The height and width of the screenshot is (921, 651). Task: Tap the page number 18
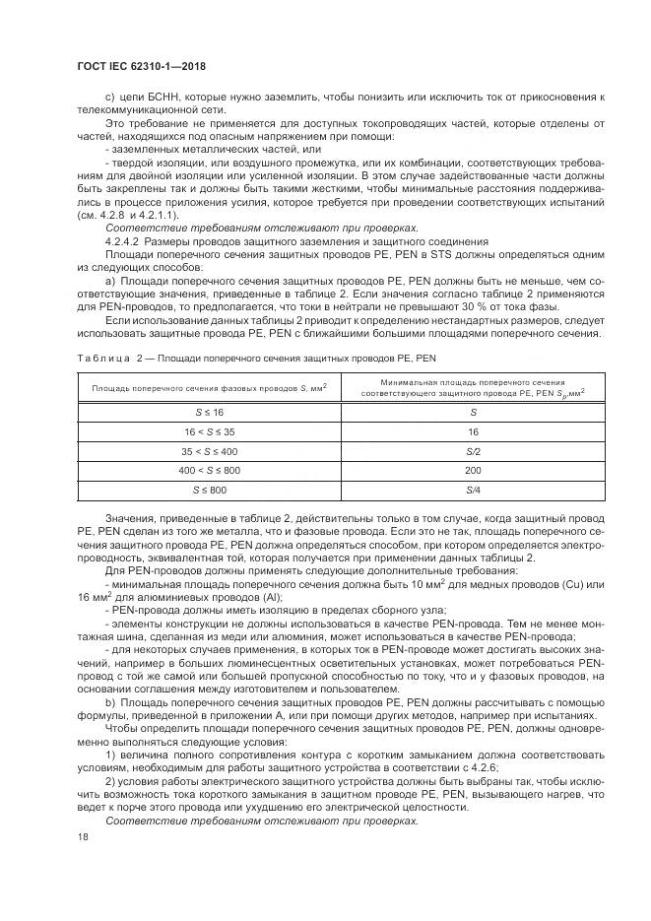point(83,836)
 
